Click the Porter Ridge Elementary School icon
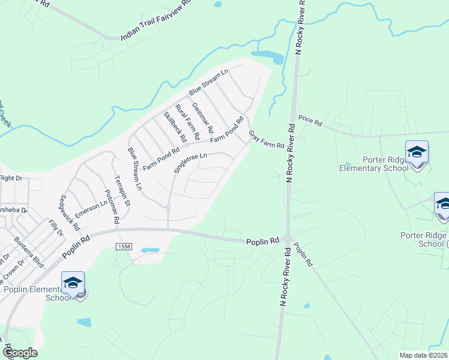point(416,153)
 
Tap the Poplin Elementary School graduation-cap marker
point(73,283)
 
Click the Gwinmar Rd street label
point(202,118)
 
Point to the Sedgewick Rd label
point(70,212)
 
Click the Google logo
point(20,352)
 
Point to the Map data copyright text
point(423,355)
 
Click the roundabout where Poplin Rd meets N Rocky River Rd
point(288,239)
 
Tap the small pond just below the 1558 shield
point(150,250)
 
